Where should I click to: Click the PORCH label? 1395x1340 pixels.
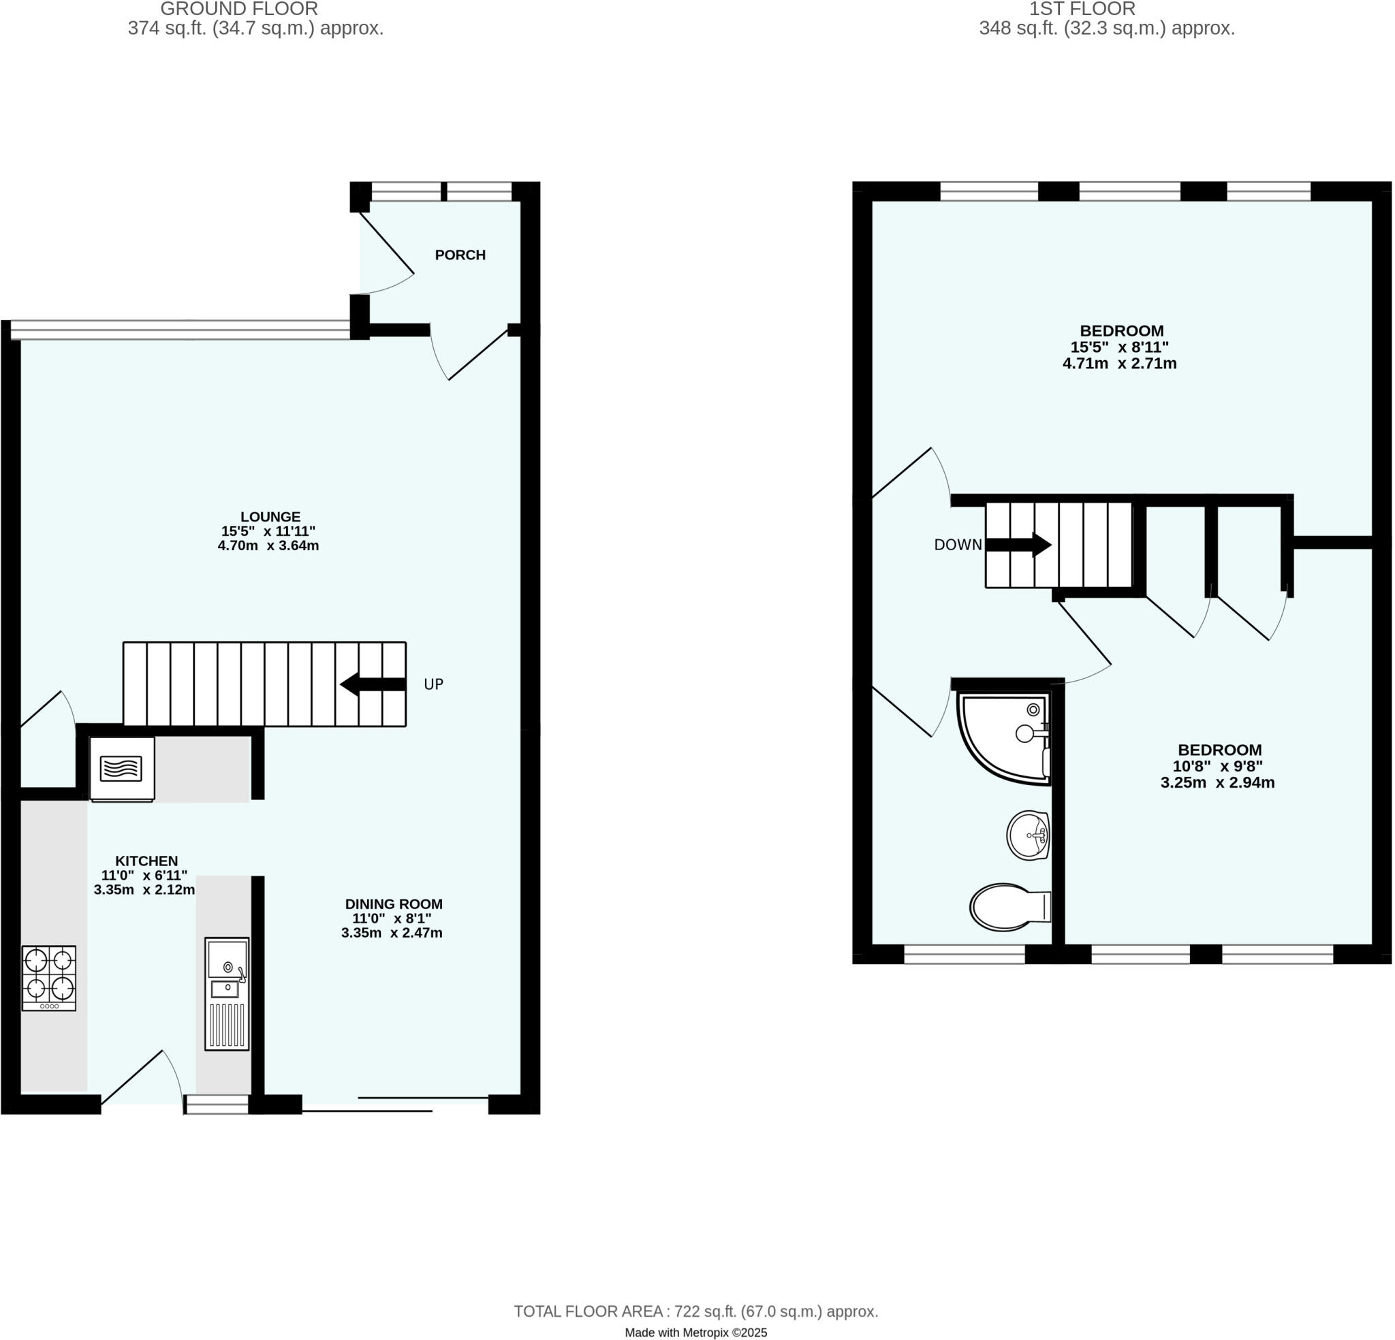[x=460, y=255]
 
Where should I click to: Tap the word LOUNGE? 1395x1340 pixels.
[x=270, y=517]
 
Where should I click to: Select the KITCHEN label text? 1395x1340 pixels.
[x=146, y=861]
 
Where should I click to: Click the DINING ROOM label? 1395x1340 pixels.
[x=394, y=904]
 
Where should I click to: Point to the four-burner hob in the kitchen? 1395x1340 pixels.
[x=48, y=977]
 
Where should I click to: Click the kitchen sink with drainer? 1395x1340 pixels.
[x=227, y=993]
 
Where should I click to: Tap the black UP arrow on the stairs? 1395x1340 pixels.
[x=372, y=684]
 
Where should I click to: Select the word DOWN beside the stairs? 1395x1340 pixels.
[x=957, y=545]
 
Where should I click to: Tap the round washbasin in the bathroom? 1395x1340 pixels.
[x=1028, y=835]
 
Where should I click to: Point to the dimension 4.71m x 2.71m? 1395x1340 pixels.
[x=1119, y=364]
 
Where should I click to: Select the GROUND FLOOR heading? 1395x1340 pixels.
[x=239, y=10]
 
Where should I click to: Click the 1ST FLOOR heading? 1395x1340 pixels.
[x=1082, y=10]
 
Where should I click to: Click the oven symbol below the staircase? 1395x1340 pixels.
[x=122, y=769]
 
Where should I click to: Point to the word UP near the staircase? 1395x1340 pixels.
[x=433, y=684]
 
